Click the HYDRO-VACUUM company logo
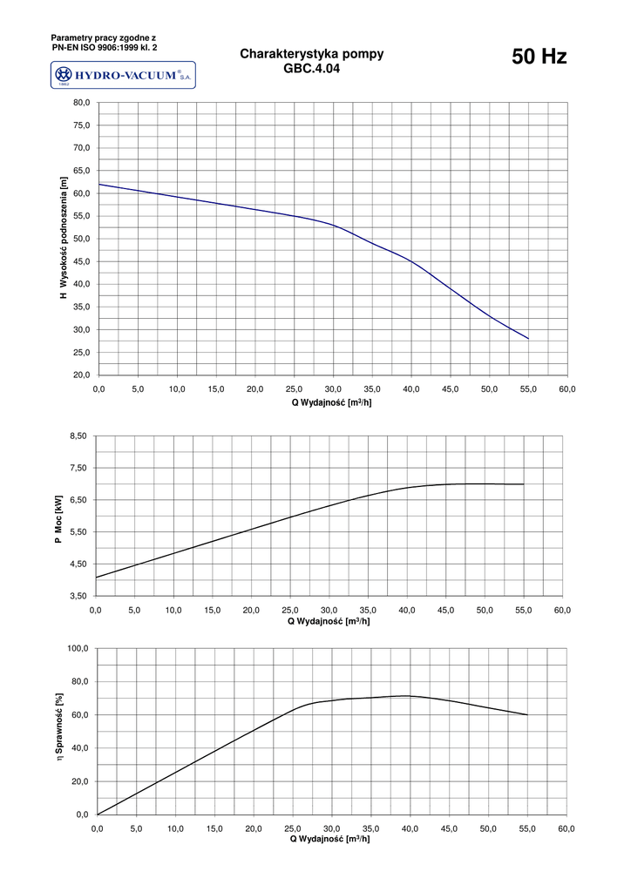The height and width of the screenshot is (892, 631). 123,76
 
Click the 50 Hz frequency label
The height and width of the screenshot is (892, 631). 539,57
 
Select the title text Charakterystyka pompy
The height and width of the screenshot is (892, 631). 311,54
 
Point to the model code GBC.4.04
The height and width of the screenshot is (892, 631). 311,68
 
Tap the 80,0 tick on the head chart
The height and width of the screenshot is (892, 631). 81,103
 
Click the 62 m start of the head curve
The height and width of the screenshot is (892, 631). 99,184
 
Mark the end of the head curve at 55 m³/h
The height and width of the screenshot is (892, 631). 528,338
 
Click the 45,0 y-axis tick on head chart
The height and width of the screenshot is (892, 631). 81,261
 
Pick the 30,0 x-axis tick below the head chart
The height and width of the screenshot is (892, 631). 333,389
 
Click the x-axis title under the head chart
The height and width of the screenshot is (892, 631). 332,402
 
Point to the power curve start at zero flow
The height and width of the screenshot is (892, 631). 96,577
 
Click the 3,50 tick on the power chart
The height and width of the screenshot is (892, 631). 78,596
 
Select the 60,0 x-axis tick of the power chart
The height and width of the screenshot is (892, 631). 562,610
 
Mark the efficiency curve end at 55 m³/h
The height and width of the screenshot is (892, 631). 527,714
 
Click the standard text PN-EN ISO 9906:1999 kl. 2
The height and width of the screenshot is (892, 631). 104,47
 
